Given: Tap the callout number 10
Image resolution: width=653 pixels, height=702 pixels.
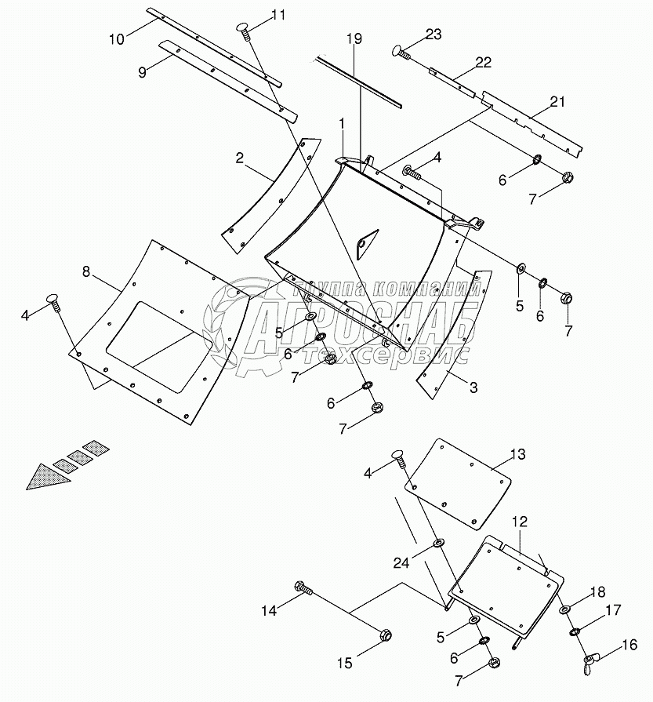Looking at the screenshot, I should (117, 39).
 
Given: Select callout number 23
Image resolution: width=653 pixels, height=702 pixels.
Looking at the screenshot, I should (434, 34).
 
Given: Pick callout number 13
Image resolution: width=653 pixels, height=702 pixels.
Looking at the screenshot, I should (518, 455).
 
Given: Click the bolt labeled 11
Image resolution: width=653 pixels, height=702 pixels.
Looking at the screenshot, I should (243, 29).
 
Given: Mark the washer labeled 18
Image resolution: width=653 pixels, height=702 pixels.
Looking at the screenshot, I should (564, 610).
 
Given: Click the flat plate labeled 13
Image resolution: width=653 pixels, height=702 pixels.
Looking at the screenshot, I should (459, 482).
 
